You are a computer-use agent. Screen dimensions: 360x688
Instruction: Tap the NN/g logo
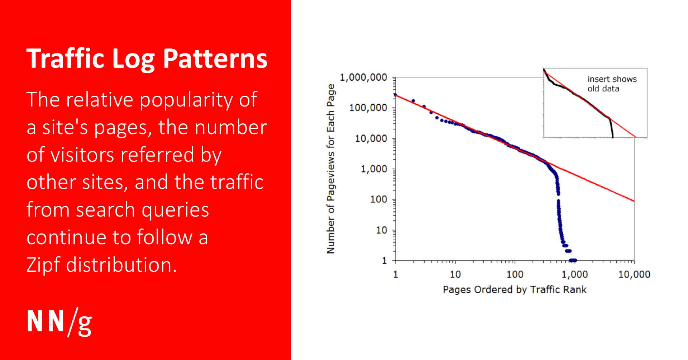[59, 322]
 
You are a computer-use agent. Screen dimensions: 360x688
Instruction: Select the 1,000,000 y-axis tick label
[363, 77]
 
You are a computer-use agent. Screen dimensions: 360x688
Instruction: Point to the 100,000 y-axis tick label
[368, 108]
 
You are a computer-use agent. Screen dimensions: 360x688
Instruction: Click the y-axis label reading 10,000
[371, 138]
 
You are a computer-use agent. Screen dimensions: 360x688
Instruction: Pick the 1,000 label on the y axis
[374, 169]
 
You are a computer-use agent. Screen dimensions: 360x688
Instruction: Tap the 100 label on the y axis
[378, 199]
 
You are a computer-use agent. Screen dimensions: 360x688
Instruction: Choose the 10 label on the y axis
[381, 230]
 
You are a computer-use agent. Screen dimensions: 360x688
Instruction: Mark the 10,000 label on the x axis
[634, 275]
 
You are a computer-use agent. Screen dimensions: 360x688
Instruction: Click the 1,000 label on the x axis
[574, 275]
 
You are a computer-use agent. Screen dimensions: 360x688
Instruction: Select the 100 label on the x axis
[515, 275]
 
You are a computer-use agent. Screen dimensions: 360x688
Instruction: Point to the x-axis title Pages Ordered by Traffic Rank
[515, 290]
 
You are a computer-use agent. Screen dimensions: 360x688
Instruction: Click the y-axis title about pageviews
[331, 169]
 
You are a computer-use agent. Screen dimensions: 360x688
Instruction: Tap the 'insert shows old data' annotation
[612, 84]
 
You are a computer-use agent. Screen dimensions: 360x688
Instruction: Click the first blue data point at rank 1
[395, 95]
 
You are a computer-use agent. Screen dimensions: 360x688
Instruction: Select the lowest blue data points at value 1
[573, 260]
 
